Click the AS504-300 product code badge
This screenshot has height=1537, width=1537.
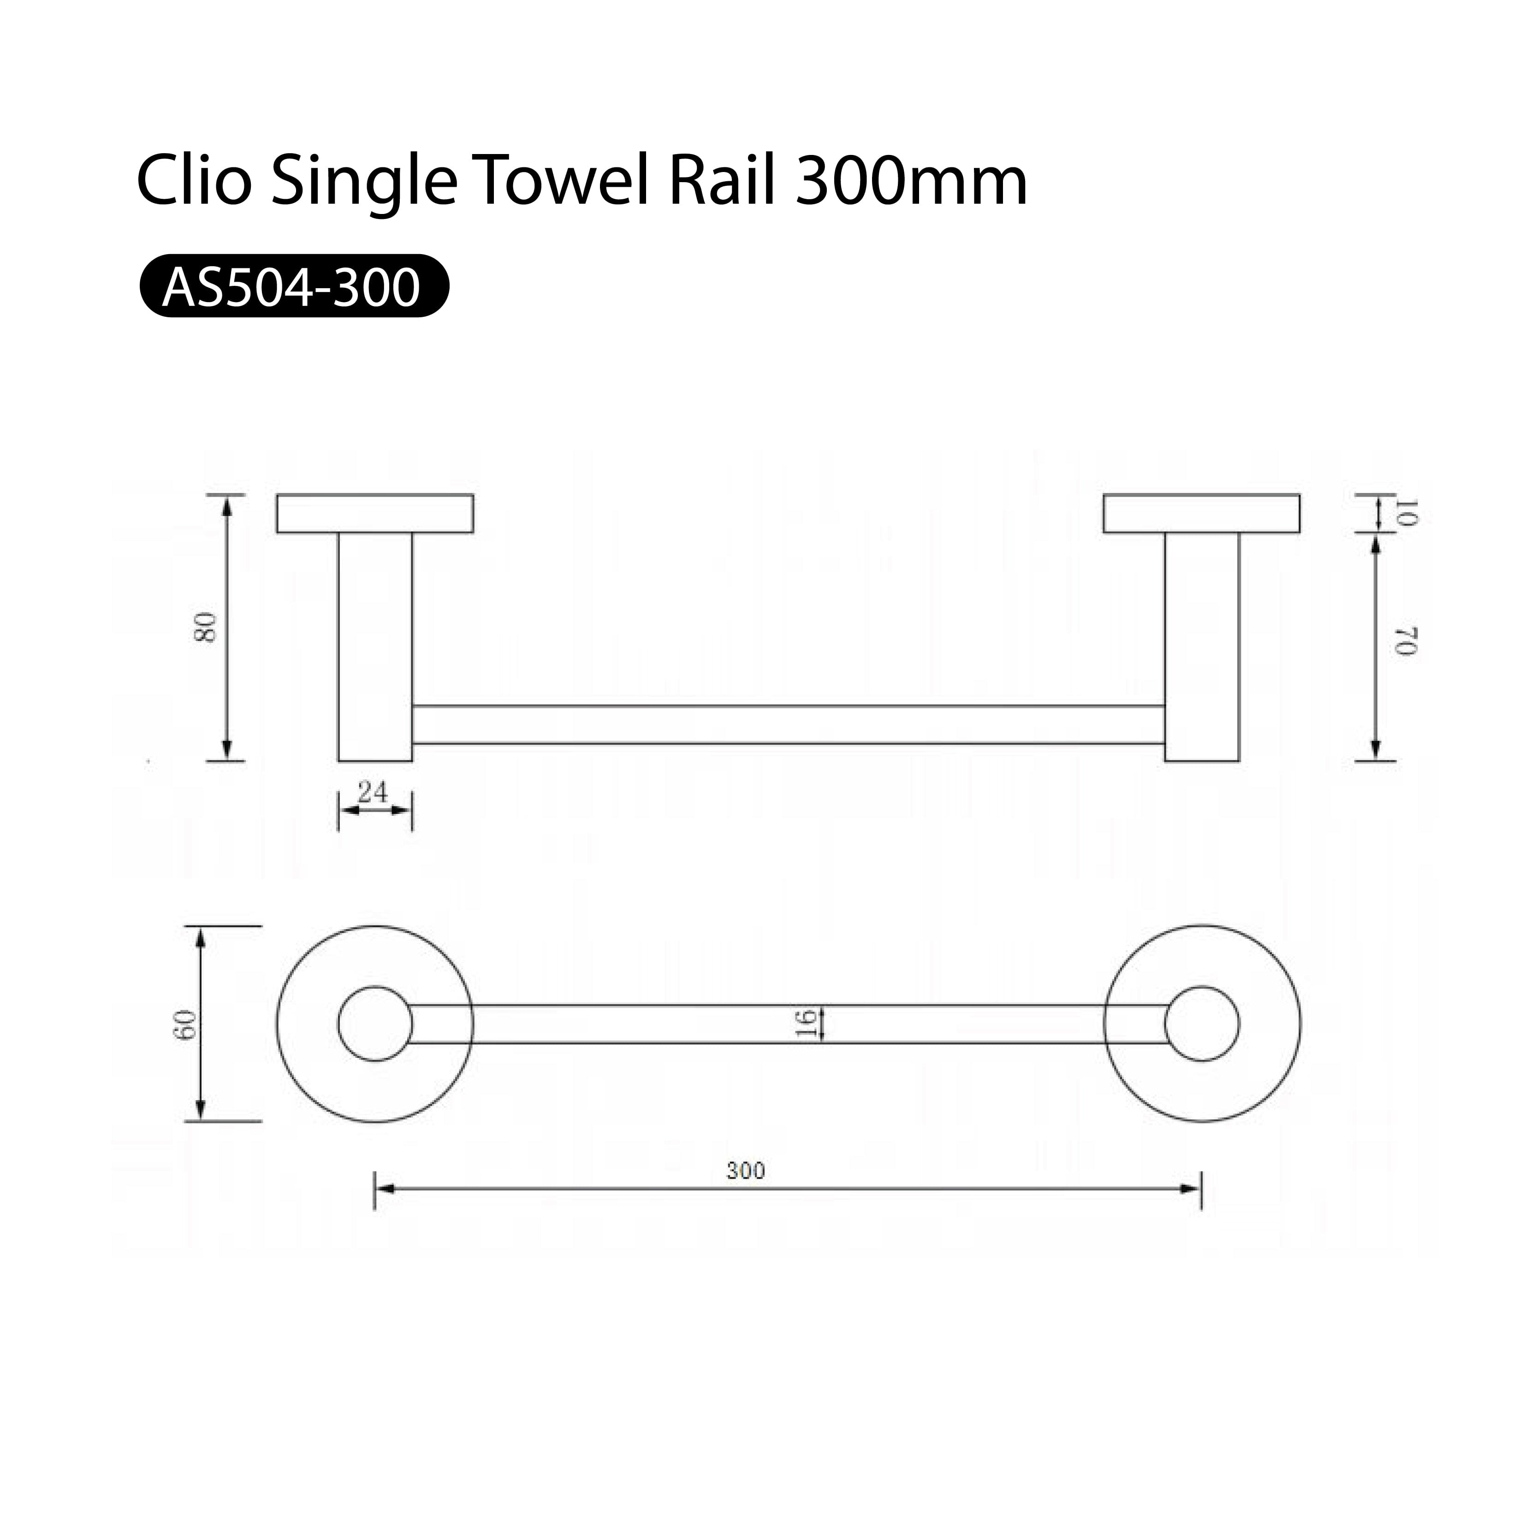[x=293, y=286]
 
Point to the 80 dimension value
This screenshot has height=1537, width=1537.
[x=205, y=628]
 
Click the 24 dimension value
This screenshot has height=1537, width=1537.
[x=372, y=792]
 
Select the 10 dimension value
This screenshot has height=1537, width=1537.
[x=1406, y=513]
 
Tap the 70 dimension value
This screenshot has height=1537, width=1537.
[x=1406, y=641]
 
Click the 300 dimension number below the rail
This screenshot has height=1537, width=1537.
[x=745, y=1170]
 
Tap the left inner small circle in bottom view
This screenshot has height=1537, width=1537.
[x=375, y=1024]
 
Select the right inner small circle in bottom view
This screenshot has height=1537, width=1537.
[x=1201, y=1024]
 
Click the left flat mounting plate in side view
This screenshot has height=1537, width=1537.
[x=375, y=513]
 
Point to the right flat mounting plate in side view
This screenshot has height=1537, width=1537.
[x=1201, y=513]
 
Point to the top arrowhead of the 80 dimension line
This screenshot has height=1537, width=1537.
[x=227, y=504]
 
